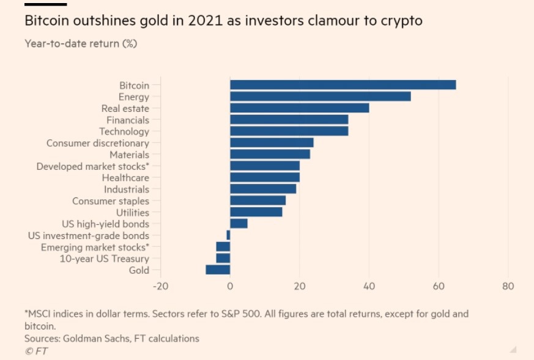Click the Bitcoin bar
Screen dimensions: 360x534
point(343,85)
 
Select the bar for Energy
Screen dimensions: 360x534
point(320,97)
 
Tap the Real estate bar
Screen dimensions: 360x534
point(299,108)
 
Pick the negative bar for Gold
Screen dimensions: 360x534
point(218,270)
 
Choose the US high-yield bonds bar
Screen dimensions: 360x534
point(239,224)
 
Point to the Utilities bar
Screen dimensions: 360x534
point(256,212)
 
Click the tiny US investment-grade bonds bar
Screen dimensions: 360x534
point(228,235)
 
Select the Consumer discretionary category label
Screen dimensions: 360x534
point(98,143)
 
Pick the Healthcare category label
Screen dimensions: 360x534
point(125,177)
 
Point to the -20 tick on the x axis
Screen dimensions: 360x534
point(160,286)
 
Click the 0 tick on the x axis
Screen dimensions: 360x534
point(230,286)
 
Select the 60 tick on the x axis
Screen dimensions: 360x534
point(438,286)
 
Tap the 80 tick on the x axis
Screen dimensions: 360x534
point(507,286)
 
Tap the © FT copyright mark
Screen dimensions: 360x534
point(36,351)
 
